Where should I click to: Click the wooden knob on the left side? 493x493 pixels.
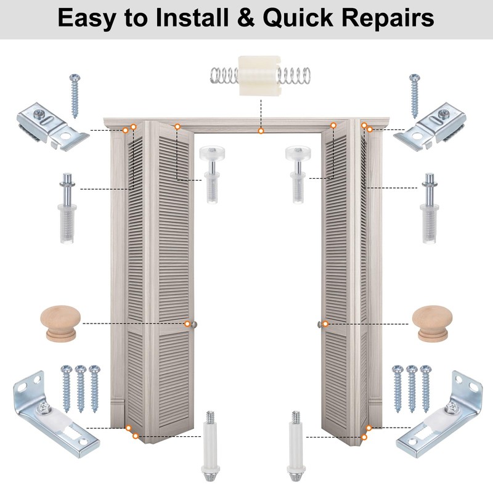[61, 324]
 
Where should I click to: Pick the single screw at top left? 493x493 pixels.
[75, 96]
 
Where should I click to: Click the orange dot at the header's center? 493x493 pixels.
[261, 131]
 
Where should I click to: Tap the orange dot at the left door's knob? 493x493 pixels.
[187, 324]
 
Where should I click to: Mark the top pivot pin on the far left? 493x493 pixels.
[67, 206]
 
